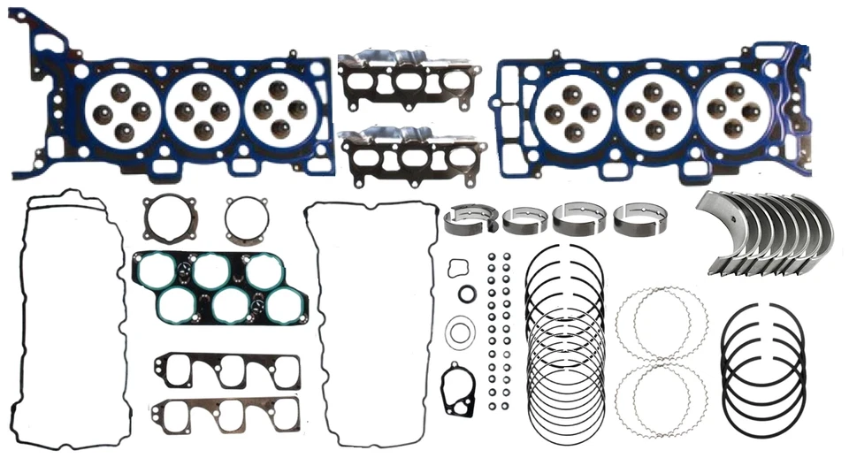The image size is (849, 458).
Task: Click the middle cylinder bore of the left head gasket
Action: (x=202, y=111)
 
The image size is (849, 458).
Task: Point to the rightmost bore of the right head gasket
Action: (x=733, y=111)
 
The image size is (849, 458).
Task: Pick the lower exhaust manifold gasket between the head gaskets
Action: (x=412, y=156)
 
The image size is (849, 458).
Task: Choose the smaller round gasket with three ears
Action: (x=243, y=221)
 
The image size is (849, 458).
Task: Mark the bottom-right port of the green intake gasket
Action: (x=287, y=305)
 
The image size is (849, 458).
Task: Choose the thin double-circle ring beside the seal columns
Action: (x=460, y=333)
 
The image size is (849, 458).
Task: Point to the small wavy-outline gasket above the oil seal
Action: (x=458, y=268)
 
